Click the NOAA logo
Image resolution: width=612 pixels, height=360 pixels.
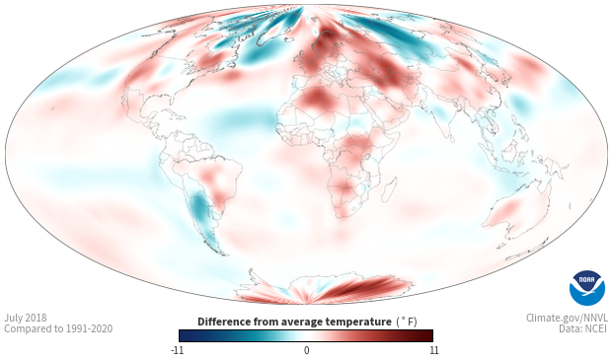(587, 288)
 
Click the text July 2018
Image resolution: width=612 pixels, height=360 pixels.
(26, 318)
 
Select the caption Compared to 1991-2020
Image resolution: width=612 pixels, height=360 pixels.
(58, 328)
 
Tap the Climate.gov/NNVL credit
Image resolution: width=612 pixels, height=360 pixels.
(567, 318)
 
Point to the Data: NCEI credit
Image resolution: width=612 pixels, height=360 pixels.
(583, 328)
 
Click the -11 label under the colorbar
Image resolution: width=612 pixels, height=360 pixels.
(178, 350)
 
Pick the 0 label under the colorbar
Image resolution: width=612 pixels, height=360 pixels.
(306, 350)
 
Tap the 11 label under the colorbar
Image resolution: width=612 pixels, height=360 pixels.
(433, 350)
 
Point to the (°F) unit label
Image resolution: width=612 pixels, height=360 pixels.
(407, 323)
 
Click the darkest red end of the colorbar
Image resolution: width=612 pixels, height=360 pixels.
(429, 335)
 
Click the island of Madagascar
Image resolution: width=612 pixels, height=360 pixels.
(390, 189)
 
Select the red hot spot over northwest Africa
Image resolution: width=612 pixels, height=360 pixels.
(315, 99)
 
